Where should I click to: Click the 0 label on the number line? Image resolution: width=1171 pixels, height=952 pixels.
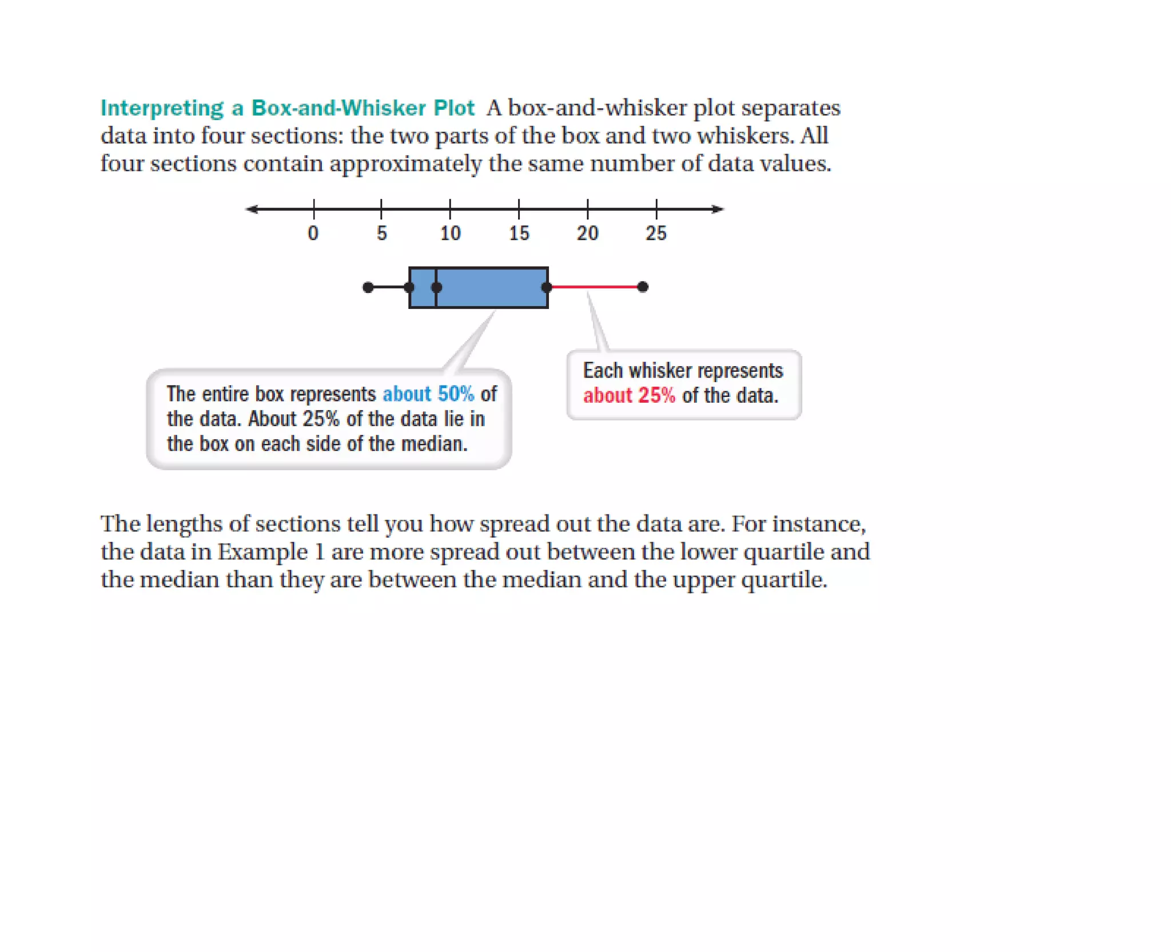(x=313, y=233)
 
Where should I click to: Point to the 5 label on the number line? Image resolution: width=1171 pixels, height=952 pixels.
(x=381, y=233)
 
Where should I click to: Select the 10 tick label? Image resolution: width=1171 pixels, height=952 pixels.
(x=450, y=233)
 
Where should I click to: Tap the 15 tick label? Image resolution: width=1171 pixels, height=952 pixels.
(x=519, y=233)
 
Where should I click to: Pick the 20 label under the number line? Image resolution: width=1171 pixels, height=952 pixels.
(x=587, y=233)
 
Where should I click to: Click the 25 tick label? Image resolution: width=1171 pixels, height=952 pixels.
(x=656, y=233)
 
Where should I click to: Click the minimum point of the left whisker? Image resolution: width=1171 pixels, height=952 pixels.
(x=368, y=287)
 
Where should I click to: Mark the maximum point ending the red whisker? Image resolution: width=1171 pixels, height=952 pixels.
(x=643, y=287)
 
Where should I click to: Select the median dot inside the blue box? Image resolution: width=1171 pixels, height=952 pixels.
(x=436, y=287)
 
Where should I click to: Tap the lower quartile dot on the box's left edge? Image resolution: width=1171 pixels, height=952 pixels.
(x=409, y=287)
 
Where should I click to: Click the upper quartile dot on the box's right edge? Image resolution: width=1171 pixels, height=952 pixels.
(x=547, y=287)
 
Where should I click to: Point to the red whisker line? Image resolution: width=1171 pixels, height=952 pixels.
(x=595, y=287)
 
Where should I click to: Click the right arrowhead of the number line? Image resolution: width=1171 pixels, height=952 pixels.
(x=719, y=209)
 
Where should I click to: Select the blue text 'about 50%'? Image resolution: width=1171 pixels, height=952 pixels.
(x=428, y=394)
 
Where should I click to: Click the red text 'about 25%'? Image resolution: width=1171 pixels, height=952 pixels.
(x=629, y=396)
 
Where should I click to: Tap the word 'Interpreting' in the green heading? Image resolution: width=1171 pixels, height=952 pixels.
(x=162, y=108)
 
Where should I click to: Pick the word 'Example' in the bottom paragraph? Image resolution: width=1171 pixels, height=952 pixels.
(x=262, y=552)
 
